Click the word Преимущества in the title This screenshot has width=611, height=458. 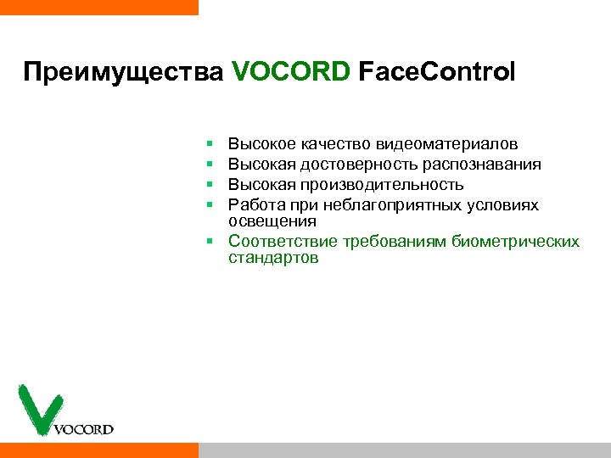pos(124,72)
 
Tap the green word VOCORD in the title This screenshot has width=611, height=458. pos(290,71)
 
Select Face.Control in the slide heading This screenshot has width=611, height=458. pos(436,71)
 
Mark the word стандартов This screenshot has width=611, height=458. pos(273,258)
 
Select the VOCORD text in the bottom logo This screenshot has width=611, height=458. pos(83,429)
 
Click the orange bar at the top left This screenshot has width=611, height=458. pos(98,7)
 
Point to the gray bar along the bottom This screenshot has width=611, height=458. pos(404,450)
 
